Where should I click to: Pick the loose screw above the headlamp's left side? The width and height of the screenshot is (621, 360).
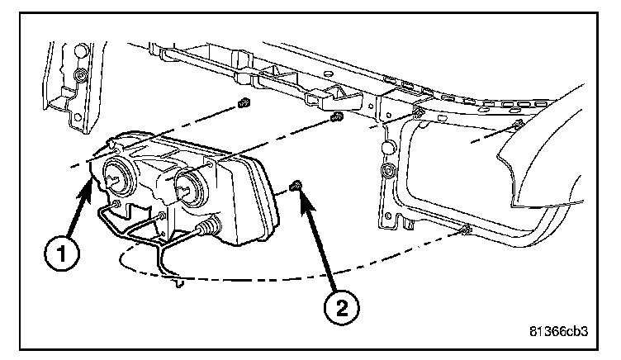pyautogui.click(x=243, y=105)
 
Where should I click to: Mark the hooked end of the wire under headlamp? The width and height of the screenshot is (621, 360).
pyautogui.click(x=178, y=285)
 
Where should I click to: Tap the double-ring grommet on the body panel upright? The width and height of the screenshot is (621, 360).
pyautogui.click(x=387, y=173)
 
